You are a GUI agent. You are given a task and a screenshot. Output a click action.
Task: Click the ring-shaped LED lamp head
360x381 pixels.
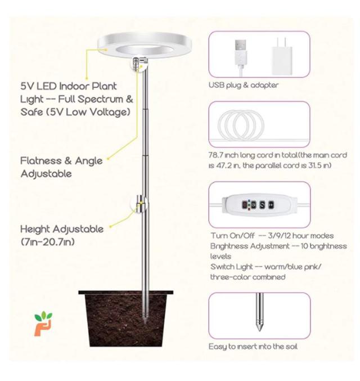coord(145,39)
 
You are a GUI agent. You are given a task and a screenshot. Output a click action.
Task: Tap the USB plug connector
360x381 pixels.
coord(241,52)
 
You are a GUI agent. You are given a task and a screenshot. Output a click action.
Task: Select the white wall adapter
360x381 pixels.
coord(282,57)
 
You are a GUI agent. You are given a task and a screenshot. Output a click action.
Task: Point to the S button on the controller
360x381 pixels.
coord(262,205)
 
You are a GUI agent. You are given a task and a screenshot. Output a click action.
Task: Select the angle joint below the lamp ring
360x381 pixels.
coord(139,64)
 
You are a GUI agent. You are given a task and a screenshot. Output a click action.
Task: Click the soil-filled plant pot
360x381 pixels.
coord(126,318)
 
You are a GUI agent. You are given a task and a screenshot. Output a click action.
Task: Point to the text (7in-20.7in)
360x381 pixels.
coord(48,242)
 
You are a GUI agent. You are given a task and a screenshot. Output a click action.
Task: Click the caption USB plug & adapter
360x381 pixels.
coord(244,86)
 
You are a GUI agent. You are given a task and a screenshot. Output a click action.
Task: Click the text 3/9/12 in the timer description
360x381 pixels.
coord(280,236)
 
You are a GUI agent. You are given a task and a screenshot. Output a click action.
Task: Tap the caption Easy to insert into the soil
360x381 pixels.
coord(253,347)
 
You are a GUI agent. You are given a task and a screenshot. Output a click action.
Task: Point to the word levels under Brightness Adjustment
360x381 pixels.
coord(220,257)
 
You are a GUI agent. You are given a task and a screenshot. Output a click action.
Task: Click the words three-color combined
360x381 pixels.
coord(247,277)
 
